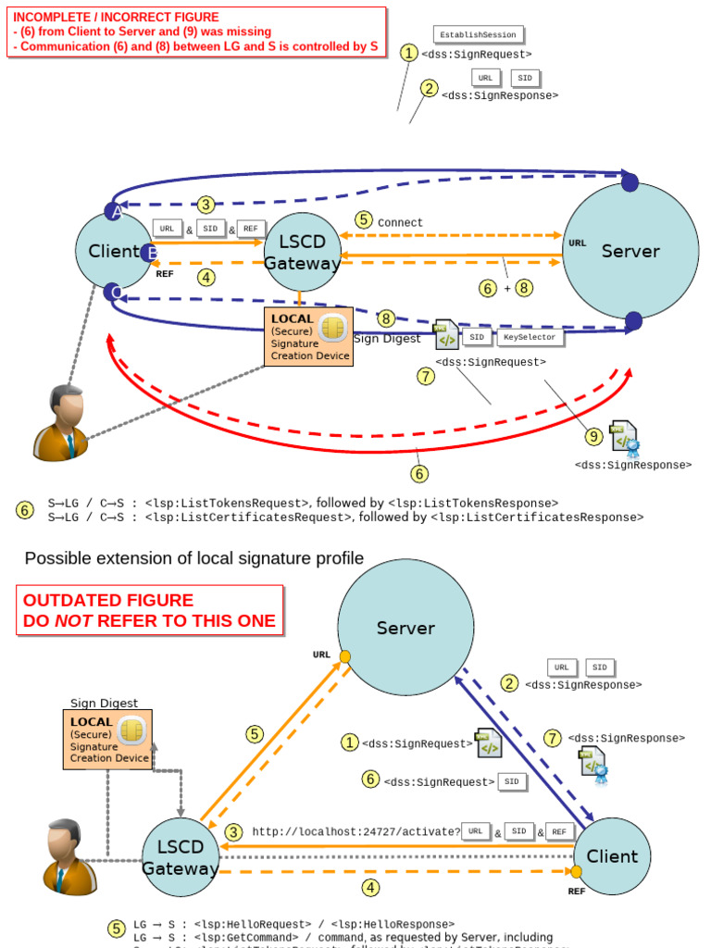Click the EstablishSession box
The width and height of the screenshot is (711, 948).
pos(478,34)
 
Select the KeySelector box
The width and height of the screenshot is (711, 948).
pos(530,338)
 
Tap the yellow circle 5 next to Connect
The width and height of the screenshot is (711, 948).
pos(364,220)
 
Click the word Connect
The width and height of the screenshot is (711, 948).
pos(400,223)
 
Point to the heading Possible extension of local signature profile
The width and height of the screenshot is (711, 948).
pos(193,558)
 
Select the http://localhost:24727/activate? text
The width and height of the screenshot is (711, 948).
pos(355,831)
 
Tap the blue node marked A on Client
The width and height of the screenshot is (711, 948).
pos(114,211)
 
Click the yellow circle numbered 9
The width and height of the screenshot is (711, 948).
pos(593,436)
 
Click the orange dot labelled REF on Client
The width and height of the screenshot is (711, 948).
pos(576,872)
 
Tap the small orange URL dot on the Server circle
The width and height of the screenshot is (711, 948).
pos(344,656)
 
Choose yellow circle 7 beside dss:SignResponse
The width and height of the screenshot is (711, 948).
pos(552,738)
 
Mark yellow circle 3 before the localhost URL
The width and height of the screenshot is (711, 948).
pos(234,832)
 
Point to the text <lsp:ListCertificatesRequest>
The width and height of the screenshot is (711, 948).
pos(277,518)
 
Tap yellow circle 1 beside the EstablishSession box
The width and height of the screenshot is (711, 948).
pos(408,53)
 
